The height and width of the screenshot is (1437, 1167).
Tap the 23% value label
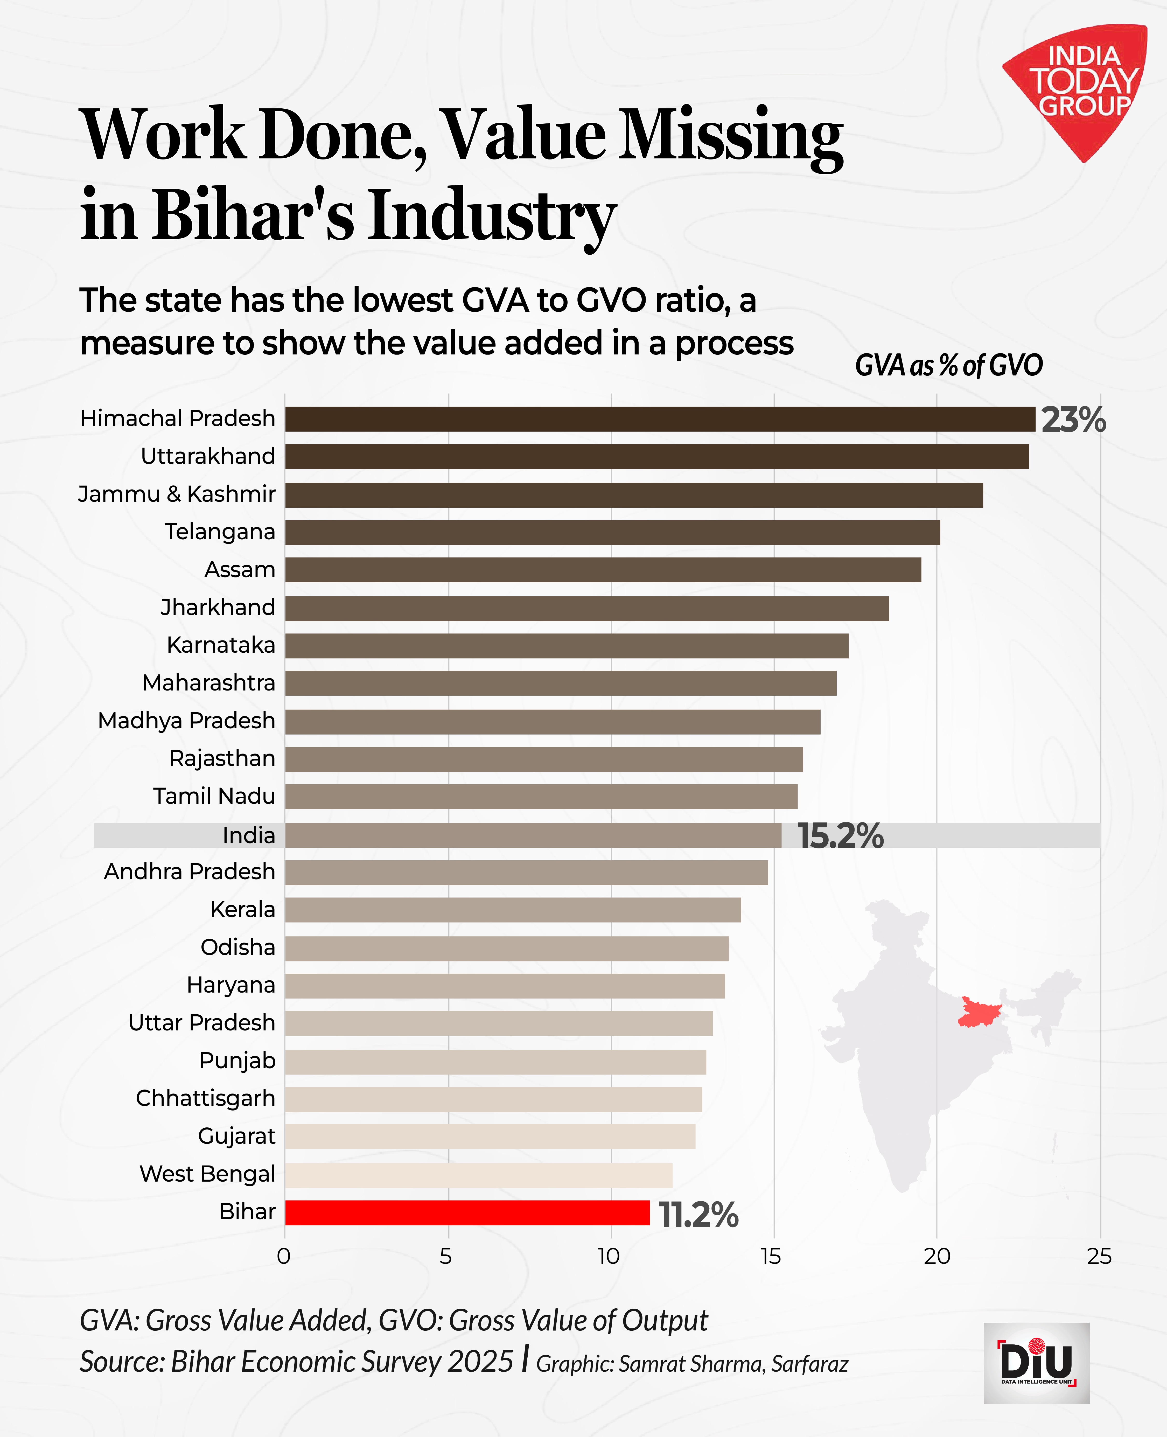(1073, 420)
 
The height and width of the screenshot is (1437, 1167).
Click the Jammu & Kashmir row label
(177, 494)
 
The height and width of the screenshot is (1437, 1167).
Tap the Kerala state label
(243, 909)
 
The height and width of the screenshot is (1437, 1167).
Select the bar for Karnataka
(566, 645)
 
